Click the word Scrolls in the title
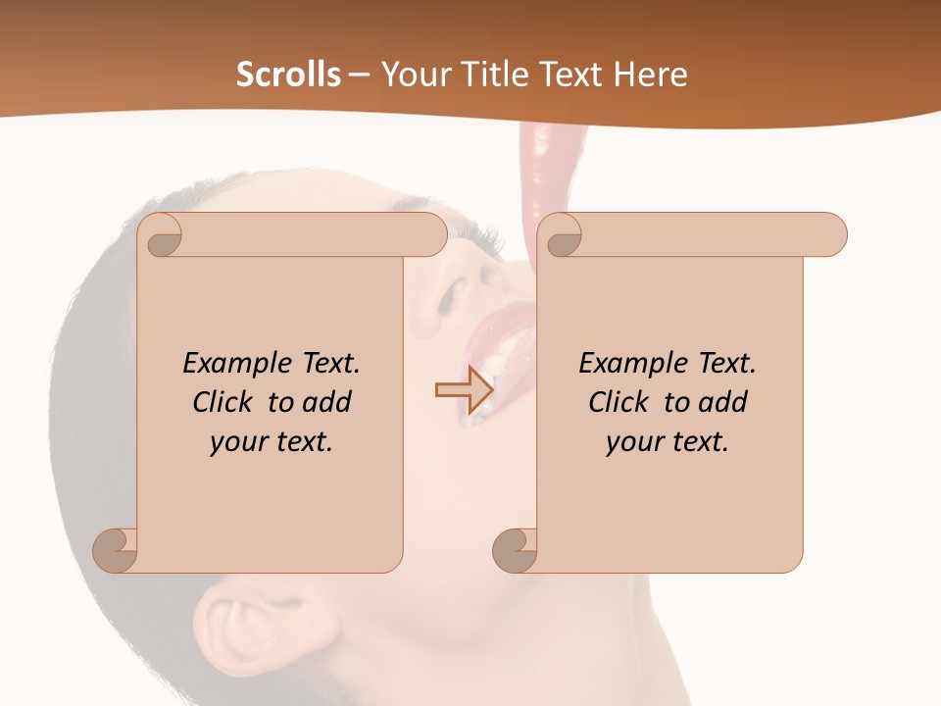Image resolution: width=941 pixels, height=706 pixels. click(x=289, y=75)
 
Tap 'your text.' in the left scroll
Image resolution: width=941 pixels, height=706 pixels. click(x=272, y=442)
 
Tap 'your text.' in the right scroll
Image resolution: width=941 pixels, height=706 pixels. click(x=668, y=442)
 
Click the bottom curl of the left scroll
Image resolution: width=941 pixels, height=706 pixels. click(x=116, y=549)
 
